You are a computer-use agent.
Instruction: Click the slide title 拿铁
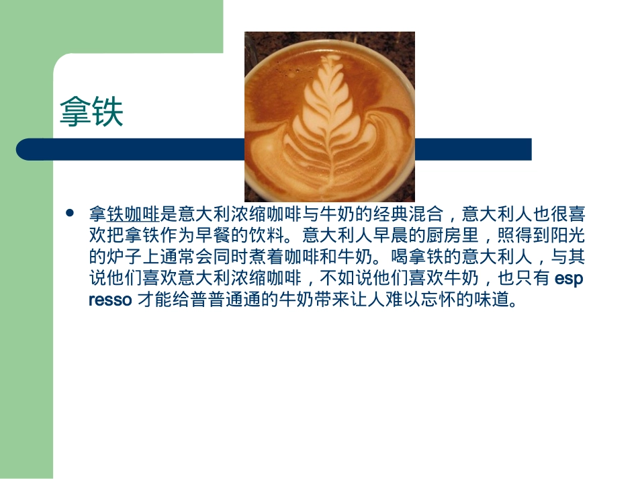point(91,112)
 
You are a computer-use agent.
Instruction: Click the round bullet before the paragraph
point(69,213)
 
